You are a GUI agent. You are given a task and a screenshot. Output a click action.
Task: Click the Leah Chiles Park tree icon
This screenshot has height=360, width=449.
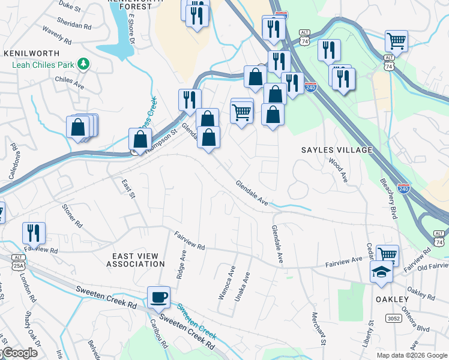click(85, 63)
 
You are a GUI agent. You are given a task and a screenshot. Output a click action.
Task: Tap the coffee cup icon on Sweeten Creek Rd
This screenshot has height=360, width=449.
click(158, 296)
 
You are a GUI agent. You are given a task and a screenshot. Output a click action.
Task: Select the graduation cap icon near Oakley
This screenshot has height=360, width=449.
click(381, 272)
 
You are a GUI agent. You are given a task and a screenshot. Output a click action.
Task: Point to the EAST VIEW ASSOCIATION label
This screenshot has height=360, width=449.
click(136, 259)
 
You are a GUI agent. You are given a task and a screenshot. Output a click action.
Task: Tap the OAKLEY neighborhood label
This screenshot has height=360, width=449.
click(391, 299)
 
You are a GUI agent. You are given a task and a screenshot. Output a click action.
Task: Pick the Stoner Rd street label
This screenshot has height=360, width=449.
click(71, 215)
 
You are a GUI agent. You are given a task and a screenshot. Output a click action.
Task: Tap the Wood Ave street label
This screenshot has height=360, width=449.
click(337, 169)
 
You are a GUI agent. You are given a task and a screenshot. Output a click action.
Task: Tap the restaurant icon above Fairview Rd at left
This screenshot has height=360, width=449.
click(34, 233)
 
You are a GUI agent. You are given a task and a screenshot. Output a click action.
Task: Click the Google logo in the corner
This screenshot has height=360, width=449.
click(19, 353)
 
